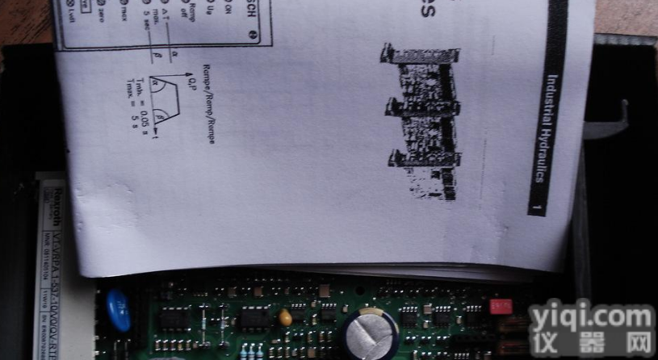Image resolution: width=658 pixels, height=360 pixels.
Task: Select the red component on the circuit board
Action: (x=501, y=307)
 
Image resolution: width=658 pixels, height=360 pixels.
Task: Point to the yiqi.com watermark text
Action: (x=591, y=320)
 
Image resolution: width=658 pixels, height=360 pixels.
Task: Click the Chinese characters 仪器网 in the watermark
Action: (x=591, y=346)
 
